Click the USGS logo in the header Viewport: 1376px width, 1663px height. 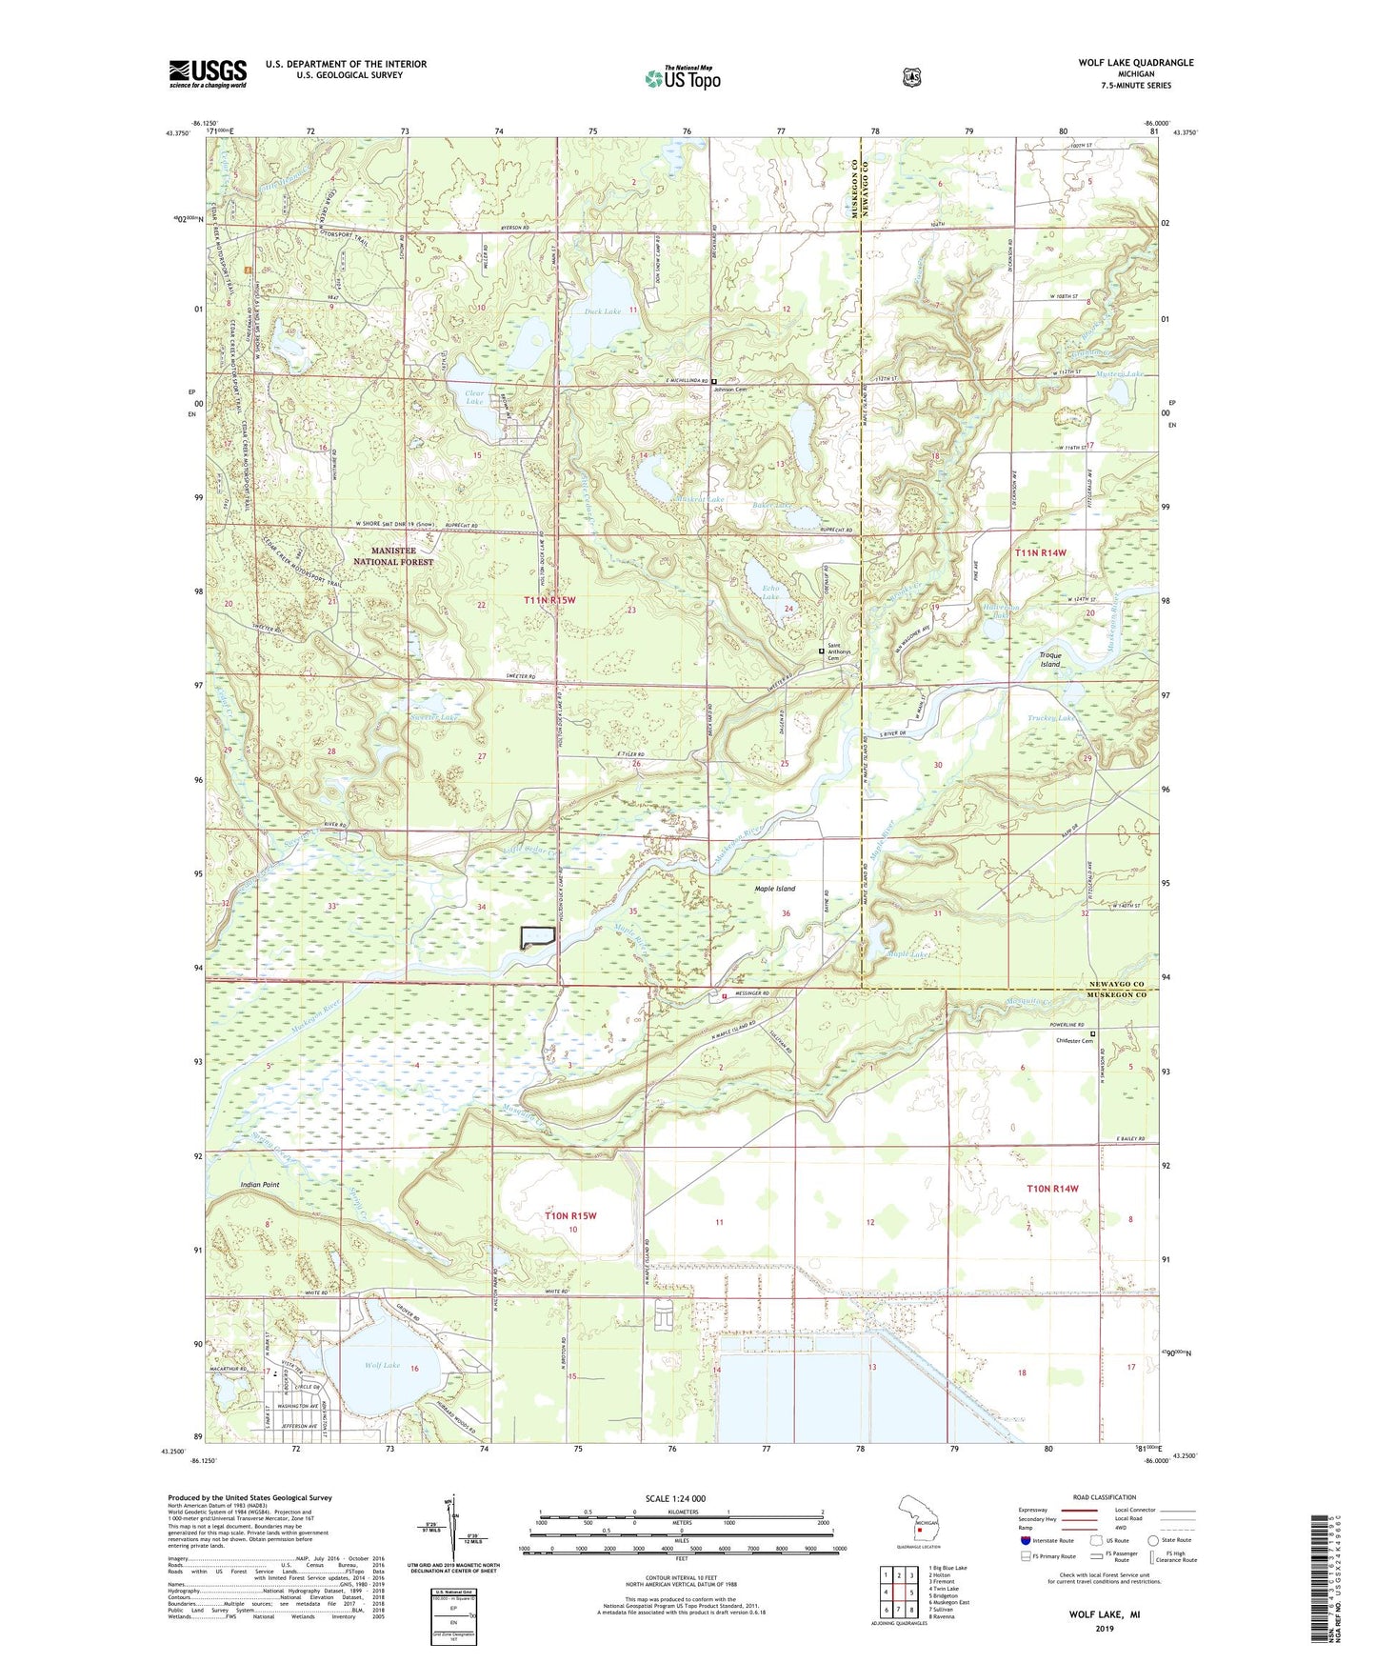(208, 73)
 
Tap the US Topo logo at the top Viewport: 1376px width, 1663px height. (682, 78)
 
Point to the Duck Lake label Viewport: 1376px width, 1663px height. (602, 311)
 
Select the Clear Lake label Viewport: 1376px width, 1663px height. (473, 397)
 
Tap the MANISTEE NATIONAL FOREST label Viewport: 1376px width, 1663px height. (393, 556)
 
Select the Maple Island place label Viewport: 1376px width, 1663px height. (775, 889)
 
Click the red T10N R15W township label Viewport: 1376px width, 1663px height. (570, 1216)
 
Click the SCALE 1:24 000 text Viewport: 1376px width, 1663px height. (681, 1499)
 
